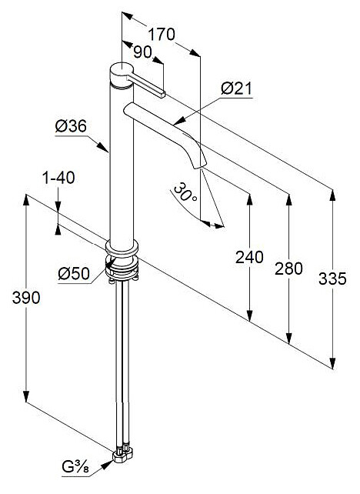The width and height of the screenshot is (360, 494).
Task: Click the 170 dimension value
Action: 162,34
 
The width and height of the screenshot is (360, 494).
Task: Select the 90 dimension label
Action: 142,52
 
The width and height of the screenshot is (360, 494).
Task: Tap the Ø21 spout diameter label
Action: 236,88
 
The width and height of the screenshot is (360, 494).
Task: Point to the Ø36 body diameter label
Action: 71,127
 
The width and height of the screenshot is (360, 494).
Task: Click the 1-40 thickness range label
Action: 58,178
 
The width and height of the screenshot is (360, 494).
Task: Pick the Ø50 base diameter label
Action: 74,273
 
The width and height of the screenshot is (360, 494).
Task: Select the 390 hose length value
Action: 26,298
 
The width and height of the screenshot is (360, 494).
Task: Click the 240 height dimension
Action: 249,257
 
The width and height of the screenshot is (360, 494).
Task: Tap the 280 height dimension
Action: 288,269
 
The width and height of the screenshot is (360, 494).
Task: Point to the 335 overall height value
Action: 332,279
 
